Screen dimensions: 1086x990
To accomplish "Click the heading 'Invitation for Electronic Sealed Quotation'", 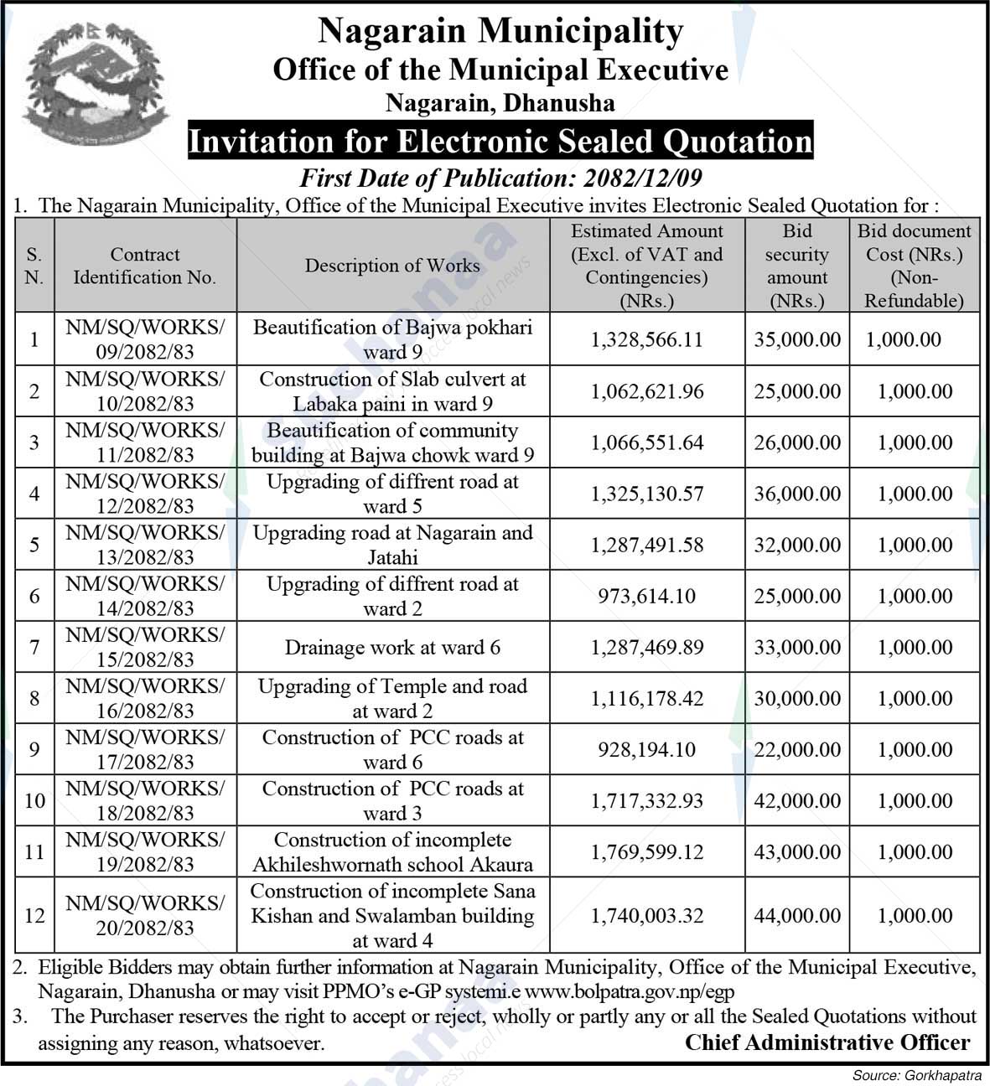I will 500,141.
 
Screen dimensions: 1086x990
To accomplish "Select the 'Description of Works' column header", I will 392,266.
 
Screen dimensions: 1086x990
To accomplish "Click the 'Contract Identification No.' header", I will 144,266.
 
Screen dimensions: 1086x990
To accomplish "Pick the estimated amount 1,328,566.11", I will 646,339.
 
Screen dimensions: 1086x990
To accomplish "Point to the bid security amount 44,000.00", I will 796,916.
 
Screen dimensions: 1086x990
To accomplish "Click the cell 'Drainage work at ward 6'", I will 392,647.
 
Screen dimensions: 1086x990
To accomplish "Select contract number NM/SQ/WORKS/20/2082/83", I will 144,916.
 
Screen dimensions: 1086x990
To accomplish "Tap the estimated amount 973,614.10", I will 646,596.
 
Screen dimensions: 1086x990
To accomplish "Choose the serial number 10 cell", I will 34,800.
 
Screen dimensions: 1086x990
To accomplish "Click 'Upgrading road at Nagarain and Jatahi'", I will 392,545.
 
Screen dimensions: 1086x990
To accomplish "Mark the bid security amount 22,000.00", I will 796,749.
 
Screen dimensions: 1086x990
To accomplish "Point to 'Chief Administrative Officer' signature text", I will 827,1042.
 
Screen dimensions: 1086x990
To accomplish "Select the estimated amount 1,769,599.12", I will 646,852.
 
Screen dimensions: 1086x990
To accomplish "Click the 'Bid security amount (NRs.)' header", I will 796,266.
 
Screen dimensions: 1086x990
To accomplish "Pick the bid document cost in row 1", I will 903,339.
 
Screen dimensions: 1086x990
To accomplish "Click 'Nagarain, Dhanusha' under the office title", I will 500,103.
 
